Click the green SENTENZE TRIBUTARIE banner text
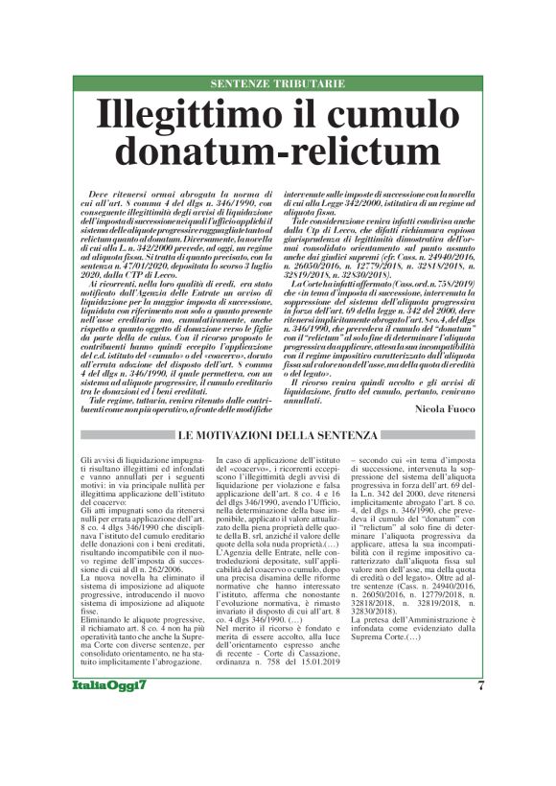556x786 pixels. [277, 84]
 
